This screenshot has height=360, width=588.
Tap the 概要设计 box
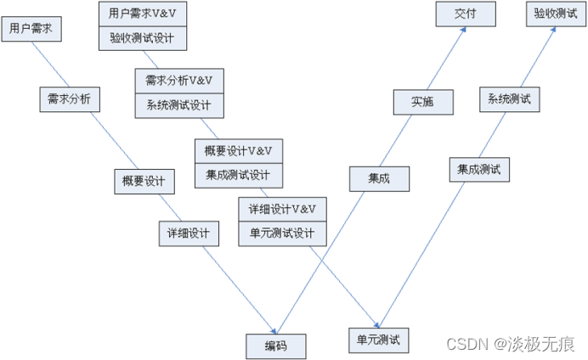(x=144, y=181)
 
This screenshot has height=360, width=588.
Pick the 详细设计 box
(x=189, y=233)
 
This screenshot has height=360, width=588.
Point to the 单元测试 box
(x=379, y=340)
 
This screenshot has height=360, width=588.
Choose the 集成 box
(x=379, y=178)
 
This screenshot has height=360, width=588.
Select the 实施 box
(x=422, y=101)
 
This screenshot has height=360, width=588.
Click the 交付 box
(x=466, y=14)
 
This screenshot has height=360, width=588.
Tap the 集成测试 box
(x=479, y=169)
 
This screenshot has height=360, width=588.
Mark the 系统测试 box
(x=509, y=98)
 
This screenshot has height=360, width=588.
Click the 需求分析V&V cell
(x=178, y=81)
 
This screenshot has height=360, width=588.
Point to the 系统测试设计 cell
(x=178, y=105)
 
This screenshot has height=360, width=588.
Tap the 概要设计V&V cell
(x=239, y=151)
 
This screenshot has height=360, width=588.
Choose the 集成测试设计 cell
(x=239, y=176)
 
